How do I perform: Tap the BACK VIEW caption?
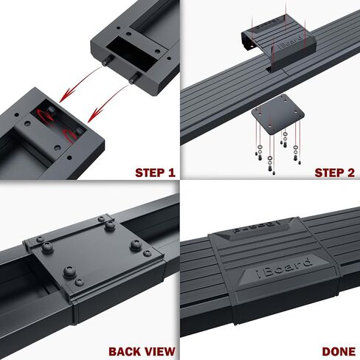[x=142, y=351]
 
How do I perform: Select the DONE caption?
[x=339, y=351]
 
